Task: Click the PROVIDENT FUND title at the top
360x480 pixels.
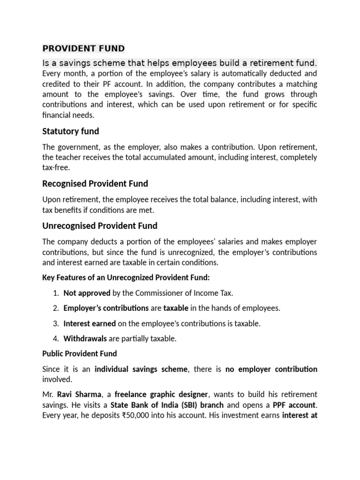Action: click(83, 48)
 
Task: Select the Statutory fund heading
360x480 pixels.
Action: click(70, 131)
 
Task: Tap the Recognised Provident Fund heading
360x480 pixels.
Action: click(95, 183)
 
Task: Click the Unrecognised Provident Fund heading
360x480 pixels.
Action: click(100, 225)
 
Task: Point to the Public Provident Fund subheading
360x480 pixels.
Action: click(80, 353)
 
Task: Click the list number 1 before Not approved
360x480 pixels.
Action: click(55, 293)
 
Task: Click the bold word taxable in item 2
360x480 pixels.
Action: click(176, 308)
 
